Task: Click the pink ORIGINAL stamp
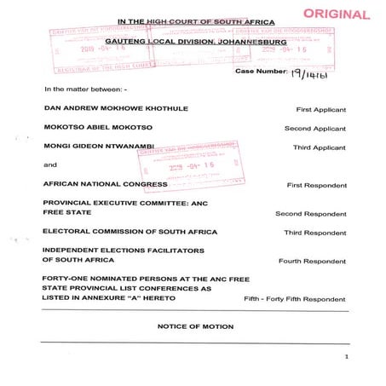337,14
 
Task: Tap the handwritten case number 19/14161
311,74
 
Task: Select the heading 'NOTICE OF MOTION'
195,326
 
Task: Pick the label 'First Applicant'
320,111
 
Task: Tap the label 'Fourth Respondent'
313,261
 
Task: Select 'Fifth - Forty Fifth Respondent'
295,299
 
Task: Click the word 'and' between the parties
50,164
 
